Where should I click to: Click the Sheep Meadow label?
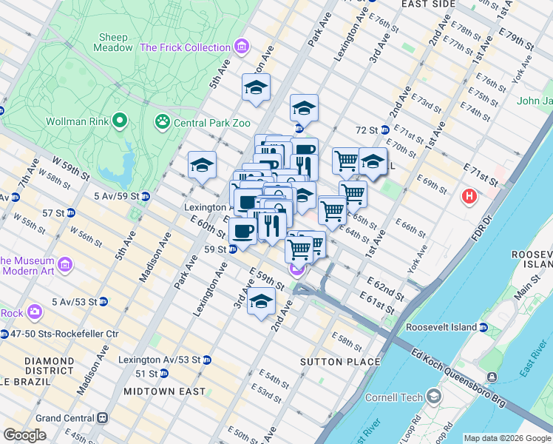[x=113, y=42]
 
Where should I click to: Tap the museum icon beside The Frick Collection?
[x=241, y=47]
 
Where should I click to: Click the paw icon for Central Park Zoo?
[x=162, y=121]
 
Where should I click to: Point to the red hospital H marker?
[x=468, y=197]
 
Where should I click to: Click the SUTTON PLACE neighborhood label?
[x=340, y=362]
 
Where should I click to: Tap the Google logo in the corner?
[x=24, y=435]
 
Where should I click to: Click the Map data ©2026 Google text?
[x=507, y=438]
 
